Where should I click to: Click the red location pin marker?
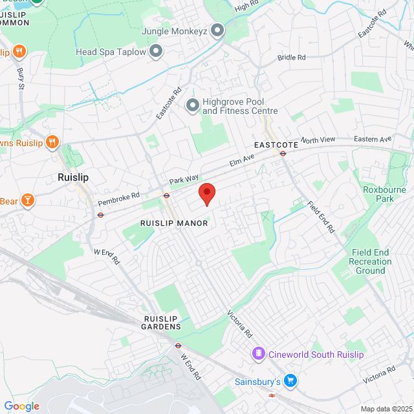206,193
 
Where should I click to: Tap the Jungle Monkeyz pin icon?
217,30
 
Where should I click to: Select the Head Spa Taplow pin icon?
156,51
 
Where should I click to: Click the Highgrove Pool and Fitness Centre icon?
192,105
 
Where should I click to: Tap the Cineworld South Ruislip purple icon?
258,354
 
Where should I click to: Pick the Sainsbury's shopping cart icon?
290,381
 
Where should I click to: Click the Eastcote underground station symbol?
283,153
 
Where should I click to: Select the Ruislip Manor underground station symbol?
166,195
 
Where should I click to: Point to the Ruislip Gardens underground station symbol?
178,345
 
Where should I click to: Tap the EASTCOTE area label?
276,145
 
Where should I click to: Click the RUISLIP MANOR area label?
174,223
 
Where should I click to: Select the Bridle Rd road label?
291,58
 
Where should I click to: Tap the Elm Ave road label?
241,160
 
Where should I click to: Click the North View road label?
318,140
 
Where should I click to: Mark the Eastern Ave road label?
373,139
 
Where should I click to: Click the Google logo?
21,406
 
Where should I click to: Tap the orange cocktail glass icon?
27,200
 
